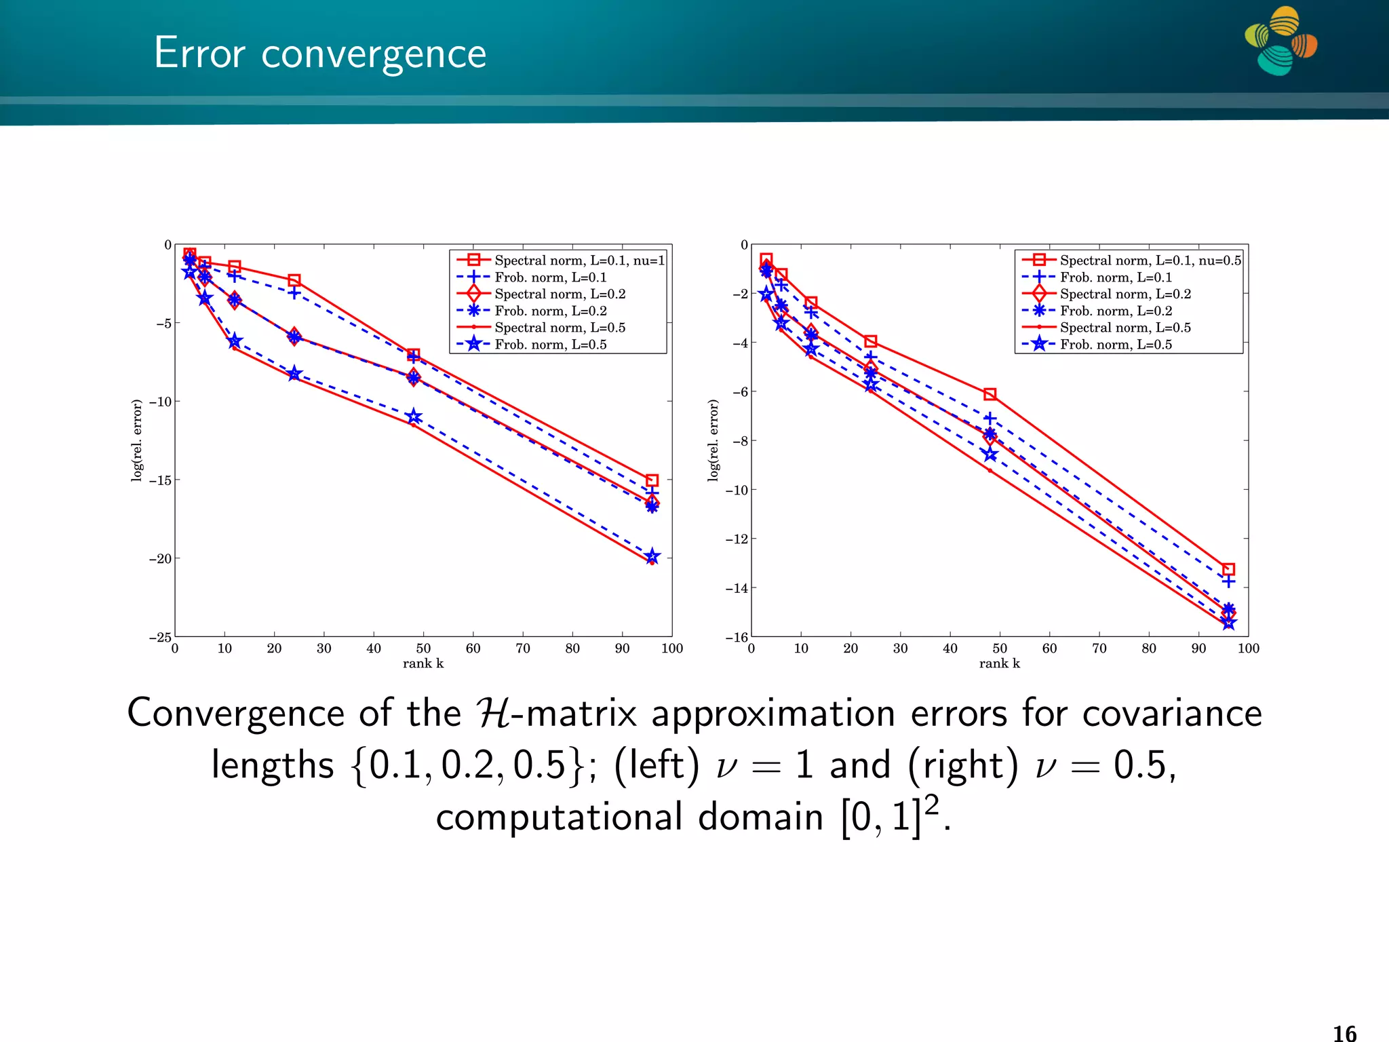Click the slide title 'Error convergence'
(319, 53)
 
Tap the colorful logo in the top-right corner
(1280, 41)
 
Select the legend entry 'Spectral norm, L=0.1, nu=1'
(579, 260)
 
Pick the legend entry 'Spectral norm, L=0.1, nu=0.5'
(1150, 260)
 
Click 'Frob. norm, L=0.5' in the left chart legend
(550, 345)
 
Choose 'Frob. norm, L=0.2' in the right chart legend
(1116, 311)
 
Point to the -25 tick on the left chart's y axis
(161, 637)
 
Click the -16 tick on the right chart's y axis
(737, 637)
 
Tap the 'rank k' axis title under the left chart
(423, 663)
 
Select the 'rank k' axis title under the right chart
(999, 663)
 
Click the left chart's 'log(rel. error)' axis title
(137, 440)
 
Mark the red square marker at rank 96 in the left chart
(652, 480)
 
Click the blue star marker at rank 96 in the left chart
(652, 557)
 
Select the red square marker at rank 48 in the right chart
(990, 394)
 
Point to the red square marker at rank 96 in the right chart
(1228, 569)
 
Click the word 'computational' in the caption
(559, 817)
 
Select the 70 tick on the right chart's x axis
(1099, 649)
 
